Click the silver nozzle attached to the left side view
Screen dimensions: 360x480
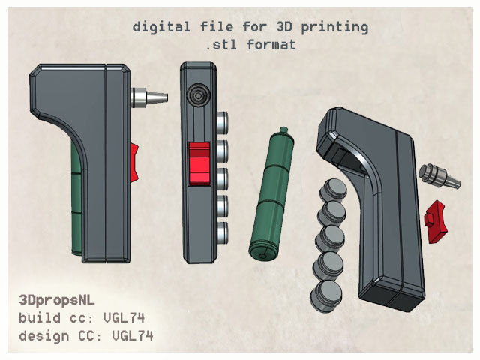(x=147, y=97)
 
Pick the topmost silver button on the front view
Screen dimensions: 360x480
(x=222, y=120)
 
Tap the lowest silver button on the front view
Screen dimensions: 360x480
(x=222, y=228)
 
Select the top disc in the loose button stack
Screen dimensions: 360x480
(x=333, y=190)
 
